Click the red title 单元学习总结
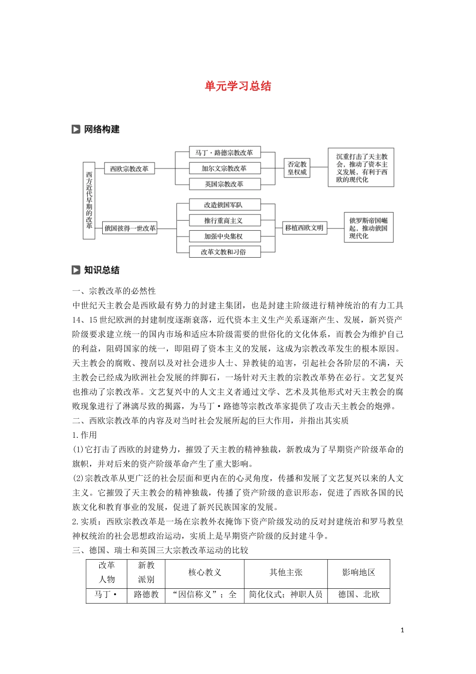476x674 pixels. [x=237, y=86]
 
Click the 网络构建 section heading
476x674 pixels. [x=102, y=129]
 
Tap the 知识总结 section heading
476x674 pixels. [x=102, y=270]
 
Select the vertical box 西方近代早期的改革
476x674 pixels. [x=89, y=201]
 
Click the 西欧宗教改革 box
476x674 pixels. [x=129, y=168]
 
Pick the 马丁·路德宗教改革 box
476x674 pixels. [x=224, y=152]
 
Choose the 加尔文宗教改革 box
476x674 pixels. [x=224, y=168]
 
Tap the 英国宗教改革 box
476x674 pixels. [x=224, y=184]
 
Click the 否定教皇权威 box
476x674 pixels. [x=297, y=168]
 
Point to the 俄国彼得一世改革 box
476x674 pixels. [x=130, y=228]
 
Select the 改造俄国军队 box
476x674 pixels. [x=224, y=205]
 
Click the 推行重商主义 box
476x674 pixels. [x=224, y=220]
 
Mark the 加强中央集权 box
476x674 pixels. [x=224, y=236]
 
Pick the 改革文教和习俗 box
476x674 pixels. [x=224, y=252]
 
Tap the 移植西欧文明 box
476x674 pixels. [x=304, y=228]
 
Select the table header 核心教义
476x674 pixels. [x=204, y=572]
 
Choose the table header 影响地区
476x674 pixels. [x=359, y=572]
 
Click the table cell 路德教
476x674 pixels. [x=146, y=594]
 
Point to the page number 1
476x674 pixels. [x=402, y=630]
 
